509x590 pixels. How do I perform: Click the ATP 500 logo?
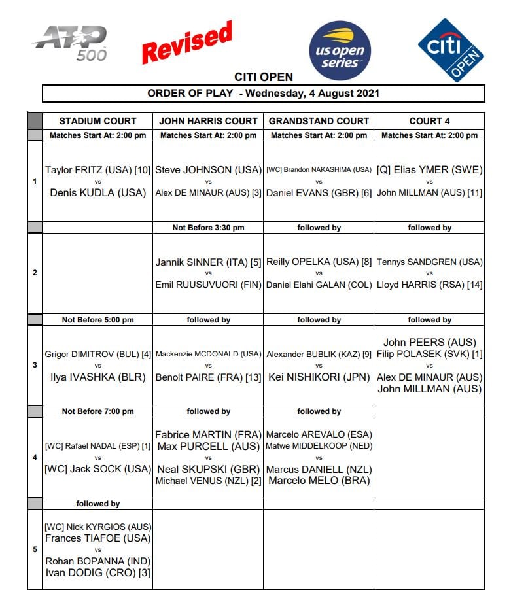pyautogui.click(x=71, y=43)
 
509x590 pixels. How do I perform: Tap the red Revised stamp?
pyautogui.click(x=187, y=43)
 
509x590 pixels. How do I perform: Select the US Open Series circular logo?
pyautogui.click(x=340, y=50)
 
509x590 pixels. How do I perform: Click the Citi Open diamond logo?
pyautogui.click(x=451, y=50)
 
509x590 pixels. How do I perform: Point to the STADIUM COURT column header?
pyautogui.click(x=97, y=121)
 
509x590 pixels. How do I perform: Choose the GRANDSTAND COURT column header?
pyautogui.click(x=319, y=121)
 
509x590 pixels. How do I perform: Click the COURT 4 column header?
pyautogui.click(x=429, y=121)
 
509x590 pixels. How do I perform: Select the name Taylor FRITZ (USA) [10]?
pyautogui.click(x=97, y=170)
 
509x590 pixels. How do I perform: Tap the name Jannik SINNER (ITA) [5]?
pyautogui.click(x=208, y=262)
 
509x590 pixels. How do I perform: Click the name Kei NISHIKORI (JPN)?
pyautogui.click(x=319, y=377)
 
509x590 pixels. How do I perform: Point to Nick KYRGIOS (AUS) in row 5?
pyautogui.click(x=97, y=527)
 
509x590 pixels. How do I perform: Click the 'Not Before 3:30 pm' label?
pyautogui.click(x=208, y=228)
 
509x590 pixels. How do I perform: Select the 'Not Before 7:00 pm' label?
pyautogui.click(x=97, y=411)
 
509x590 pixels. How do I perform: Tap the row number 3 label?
pyautogui.click(x=35, y=365)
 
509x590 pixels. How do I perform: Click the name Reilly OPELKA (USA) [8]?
pyautogui.click(x=319, y=262)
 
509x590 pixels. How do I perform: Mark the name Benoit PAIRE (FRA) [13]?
pyautogui.click(x=208, y=377)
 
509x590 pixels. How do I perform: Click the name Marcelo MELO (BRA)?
pyautogui.click(x=319, y=481)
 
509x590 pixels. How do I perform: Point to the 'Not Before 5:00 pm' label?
pyautogui.click(x=97, y=320)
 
